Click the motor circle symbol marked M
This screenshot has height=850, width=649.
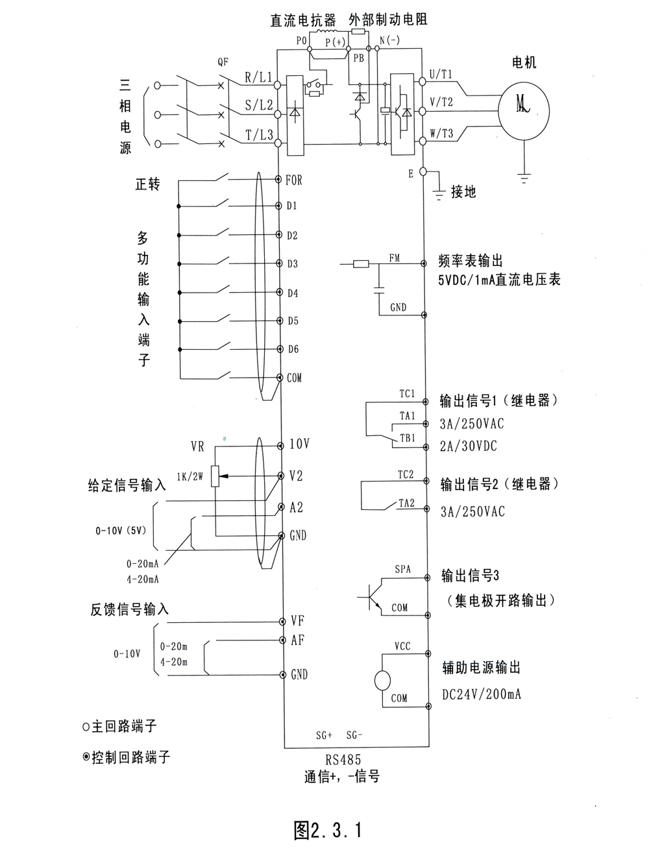pos(524,111)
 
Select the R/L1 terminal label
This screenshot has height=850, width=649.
pos(259,77)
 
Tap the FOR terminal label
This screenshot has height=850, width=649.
pos(294,180)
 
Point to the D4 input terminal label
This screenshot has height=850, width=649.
pos(293,293)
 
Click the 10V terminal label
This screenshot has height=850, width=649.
pos(300,444)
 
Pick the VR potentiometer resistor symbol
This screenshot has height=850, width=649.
pos(215,476)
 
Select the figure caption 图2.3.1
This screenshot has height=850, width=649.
pos(328,830)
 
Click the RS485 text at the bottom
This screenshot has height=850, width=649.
pos(343,760)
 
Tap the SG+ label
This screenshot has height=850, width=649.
pos(324,735)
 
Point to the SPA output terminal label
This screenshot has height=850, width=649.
pos(403,569)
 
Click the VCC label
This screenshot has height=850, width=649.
pos(402,646)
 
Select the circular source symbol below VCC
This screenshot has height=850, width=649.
pos(382,681)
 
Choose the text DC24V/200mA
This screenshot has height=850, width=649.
pos(482,694)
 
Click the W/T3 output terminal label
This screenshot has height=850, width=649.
pos(441,134)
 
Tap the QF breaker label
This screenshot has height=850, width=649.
pos(223,62)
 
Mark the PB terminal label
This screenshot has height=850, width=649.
pos(359,58)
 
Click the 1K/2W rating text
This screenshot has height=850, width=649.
pos(190,477)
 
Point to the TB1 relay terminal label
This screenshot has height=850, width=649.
pos(408,438)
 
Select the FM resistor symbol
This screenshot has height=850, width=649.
pos(361,263)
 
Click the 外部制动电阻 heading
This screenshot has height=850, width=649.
pos(388,19)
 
